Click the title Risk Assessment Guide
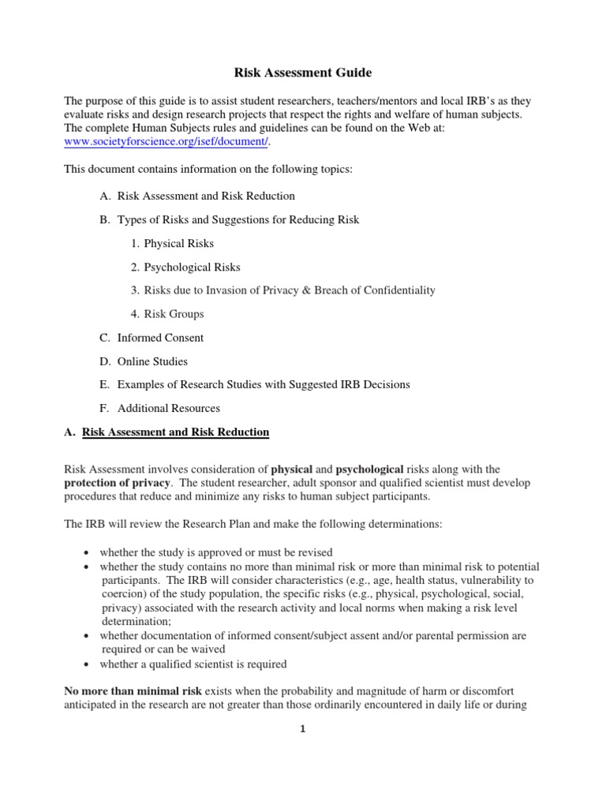pyautogui.click(x=303, y=73)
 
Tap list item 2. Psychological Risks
pyautogui.click(x=185, y=267)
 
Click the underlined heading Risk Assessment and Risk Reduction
pyautogui.click(x=176, y=432)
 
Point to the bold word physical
pyautogui.click(x=291, y=469)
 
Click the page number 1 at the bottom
pyautogui.click(x=303, y=729)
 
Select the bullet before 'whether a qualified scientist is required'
pyautogui.click(x=84, y=664)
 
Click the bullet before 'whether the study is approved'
pyautogui.click(x=84, y=552)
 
